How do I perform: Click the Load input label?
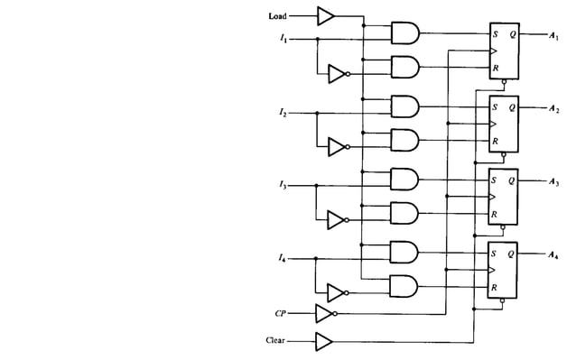pyautogui.click(x=277, y=15)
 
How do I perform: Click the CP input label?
pyautogui.click(x=281, y=314)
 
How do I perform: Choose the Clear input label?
pyautogui.click(x=276, y=341)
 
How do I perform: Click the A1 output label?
pyautogui.click(x=553, y=36)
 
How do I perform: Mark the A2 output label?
pyautogui.click(x=553, y=109)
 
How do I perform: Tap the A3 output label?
pyautogui.click(x=553, y=182)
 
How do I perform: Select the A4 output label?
pyautogui.click(x=553, y=255)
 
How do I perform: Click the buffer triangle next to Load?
pyautogui.click(x=325, y=15)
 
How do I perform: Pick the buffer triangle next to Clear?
pyautogui.click(x=324, y=341)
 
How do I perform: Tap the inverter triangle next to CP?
pyautogui.click(x=324, y=314)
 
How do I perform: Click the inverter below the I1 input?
pyautogui.click(x=336, y=73)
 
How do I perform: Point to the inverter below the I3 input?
pyautogui.click(x=336, y=219)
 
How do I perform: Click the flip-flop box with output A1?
pyautogui.click(x=503, y=51)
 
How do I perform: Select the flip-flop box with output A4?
pyautogui.click(x=503, y=270)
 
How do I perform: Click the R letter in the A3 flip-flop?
pyautogui.click(x=494, y=215)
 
